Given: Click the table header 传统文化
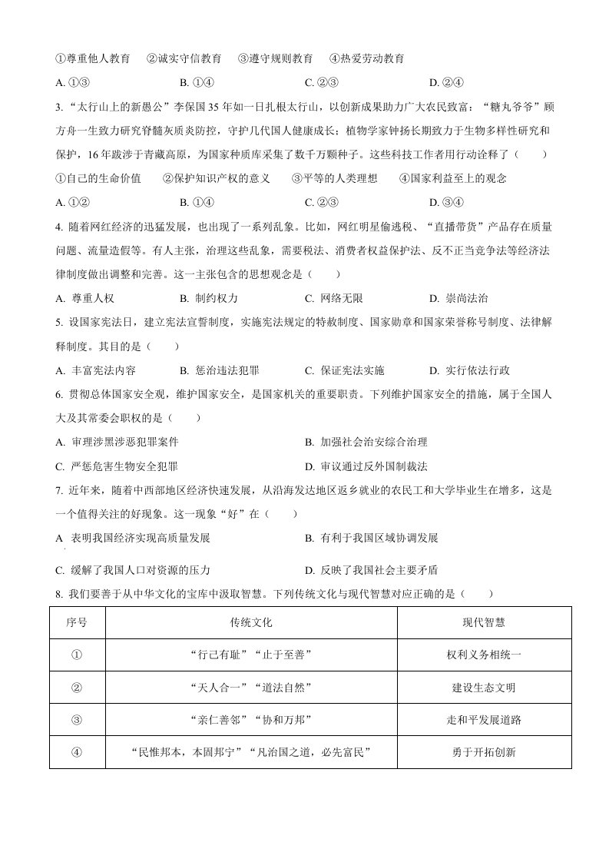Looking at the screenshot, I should (x=251, y=622).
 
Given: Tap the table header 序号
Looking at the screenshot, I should (x=76, y=622).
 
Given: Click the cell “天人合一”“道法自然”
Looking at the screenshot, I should (x=251, y=688).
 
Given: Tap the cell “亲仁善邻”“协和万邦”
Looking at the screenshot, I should (x=251, y=720).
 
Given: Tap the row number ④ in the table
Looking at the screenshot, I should (x=76, y=752).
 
